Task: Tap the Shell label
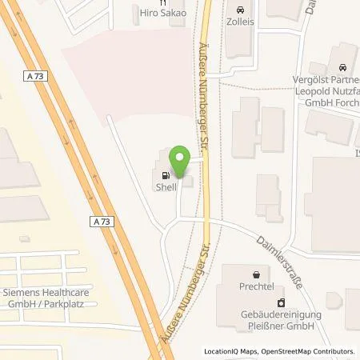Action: [x=166, y=187]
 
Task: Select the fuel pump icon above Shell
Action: [x=166, y=176]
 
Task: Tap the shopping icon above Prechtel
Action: [x=256, y=273]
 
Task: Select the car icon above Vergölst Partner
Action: [x=343, y=68]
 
